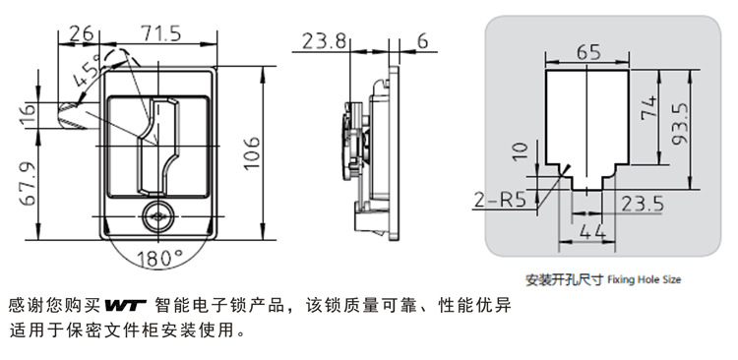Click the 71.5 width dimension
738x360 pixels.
(160, 33)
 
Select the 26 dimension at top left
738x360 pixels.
(81, 33)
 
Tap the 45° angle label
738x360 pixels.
(88, 71)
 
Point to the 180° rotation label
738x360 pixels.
(159, 258)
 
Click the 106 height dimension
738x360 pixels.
(252, 152)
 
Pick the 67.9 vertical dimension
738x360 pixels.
(28, 184)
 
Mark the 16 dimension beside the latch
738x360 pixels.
(28, 115)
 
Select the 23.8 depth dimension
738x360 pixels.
(324, 41)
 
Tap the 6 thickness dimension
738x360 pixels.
(423, 41)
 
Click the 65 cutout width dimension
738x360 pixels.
(588, 52)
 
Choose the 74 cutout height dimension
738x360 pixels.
(648, 108)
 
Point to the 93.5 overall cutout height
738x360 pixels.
(680, 124)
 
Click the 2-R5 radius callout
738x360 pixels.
(499, 201)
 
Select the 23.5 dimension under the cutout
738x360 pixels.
(643, 205)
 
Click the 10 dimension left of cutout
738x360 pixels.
(521, 151)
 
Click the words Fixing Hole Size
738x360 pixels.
(644, 279)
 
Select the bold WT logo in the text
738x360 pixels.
(125, 306)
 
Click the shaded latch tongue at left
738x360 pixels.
(77, 116)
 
